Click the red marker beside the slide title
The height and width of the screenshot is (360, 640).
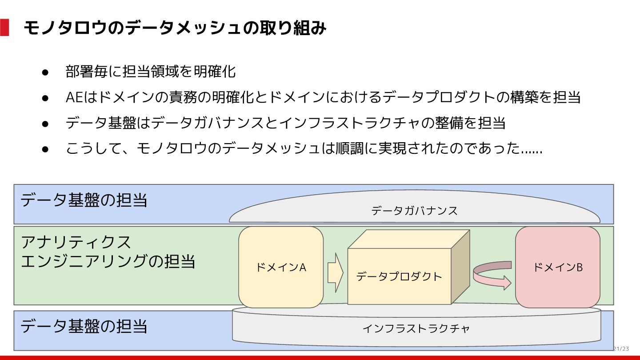[x=4, y=28]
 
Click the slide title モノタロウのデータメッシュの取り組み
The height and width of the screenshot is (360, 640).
[x=175, y=28]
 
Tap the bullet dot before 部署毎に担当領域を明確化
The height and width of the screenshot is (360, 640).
[x=45, y=72]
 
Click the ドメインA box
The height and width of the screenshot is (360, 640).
[x=281, y=267]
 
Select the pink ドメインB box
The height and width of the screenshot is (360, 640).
[x=557, y=267]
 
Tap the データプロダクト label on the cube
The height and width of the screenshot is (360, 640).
[x=399, y=276]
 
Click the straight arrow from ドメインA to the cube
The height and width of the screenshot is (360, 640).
[x=336, y=272]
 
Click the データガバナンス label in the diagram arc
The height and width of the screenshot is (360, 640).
[x=414, y=211]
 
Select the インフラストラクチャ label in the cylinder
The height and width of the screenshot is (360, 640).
[x=416, y=329]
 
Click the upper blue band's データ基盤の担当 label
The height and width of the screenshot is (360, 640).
[x=84, y=200]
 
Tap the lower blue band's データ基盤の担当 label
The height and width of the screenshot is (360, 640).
[x=84, y=327]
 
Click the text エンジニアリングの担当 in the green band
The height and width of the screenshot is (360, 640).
[x=108, y=261]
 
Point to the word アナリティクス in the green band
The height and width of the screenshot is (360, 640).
[x=76, y=242]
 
